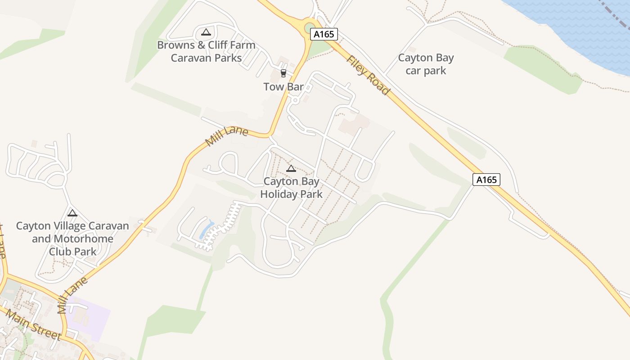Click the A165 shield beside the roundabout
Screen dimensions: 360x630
(324, 34)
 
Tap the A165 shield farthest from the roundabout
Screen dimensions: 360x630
(486, 180)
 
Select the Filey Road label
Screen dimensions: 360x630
(368, 75)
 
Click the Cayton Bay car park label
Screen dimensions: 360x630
(426, 64)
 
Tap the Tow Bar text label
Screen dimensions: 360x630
(283, 87)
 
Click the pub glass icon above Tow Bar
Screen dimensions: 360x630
(283, 73)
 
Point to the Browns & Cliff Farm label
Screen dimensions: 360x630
(206, 45)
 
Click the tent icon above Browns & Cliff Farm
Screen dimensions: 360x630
(206, 32)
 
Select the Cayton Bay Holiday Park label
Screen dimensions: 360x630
(292, 188)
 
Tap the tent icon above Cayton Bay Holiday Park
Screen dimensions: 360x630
(291, 169)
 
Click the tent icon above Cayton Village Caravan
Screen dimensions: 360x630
(72, 213)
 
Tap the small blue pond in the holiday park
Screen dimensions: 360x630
(207, 229)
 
